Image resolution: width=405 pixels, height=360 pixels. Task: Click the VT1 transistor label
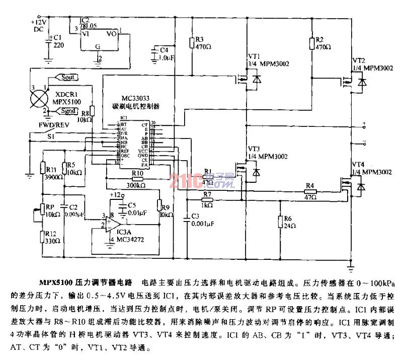(x=255, y=56)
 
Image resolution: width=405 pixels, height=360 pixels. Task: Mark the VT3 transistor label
(x=255, y=150)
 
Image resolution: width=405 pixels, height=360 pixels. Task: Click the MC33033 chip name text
(x=132, y=99)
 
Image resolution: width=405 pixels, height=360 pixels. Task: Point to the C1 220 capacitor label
(x=57, y=41)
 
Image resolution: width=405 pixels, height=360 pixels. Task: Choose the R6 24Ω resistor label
(x=288, y=222)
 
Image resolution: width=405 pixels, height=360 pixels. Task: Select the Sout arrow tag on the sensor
(x=66, y=77)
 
